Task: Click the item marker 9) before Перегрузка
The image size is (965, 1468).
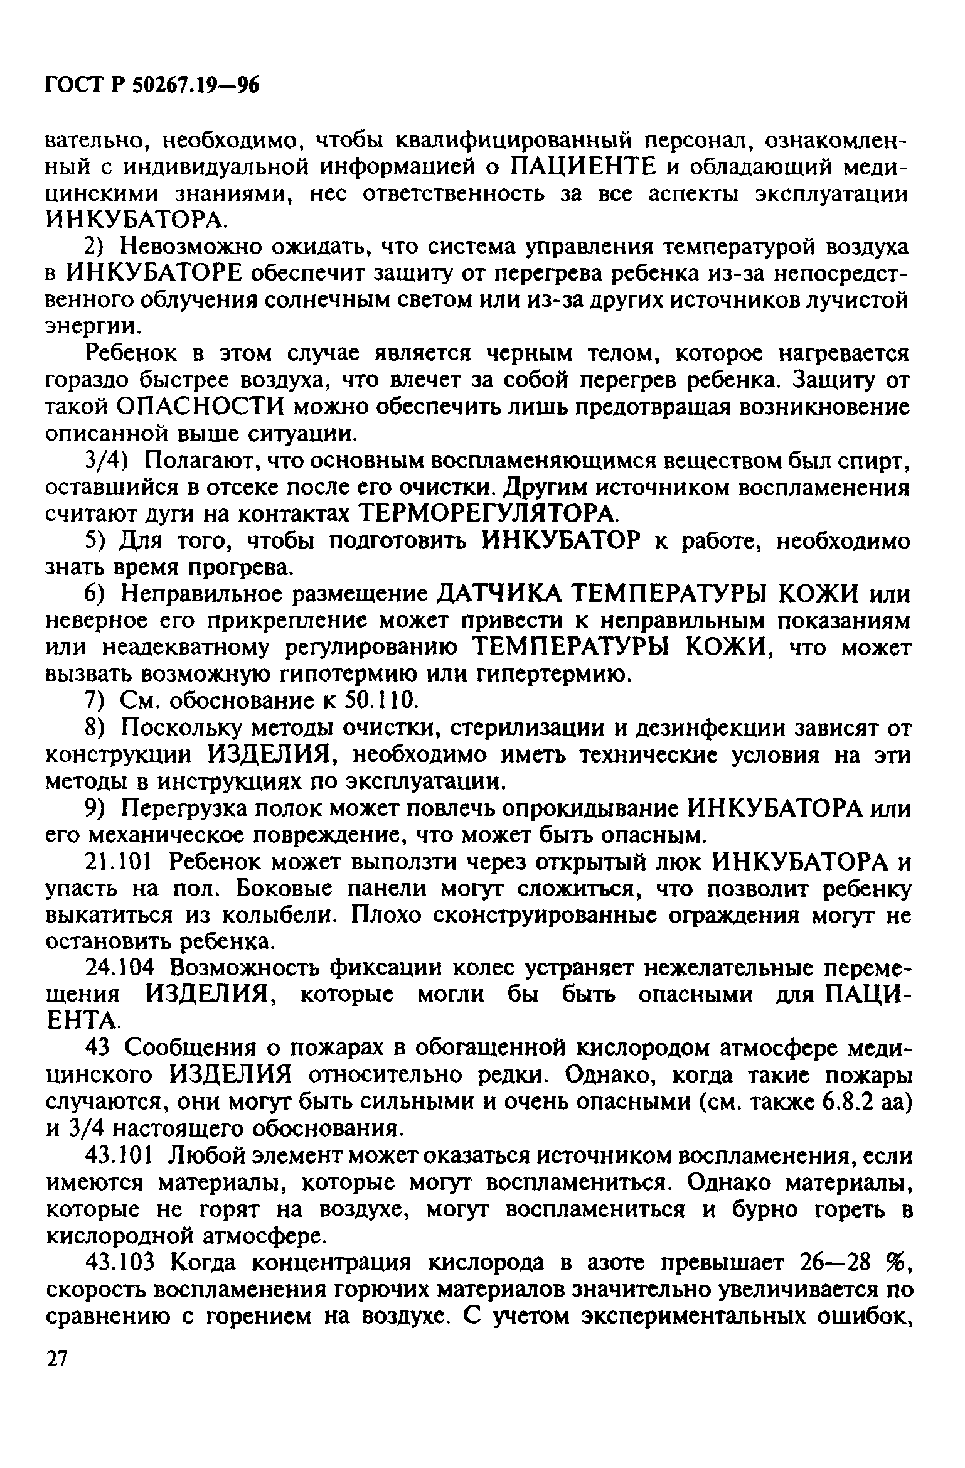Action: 98,809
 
